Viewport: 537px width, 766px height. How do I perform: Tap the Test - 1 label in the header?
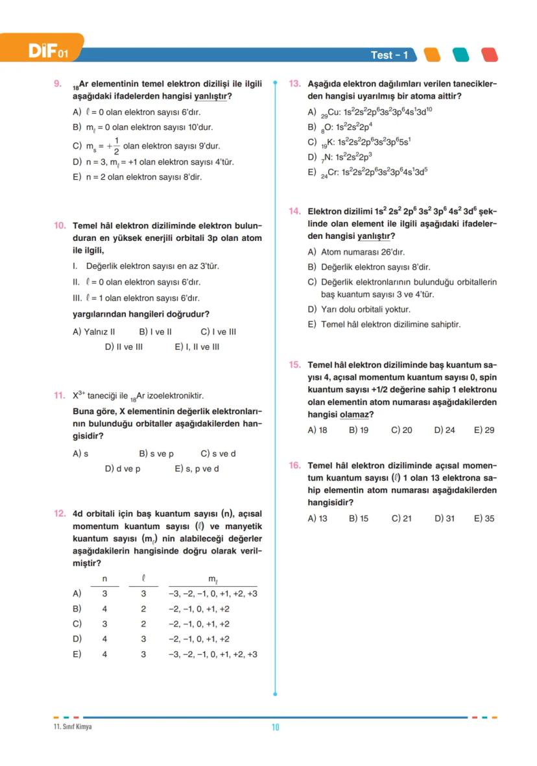click(x=389, y=55)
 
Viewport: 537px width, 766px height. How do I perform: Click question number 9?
click(x=57, y=84)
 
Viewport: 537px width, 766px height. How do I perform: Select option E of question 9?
click(x=137, y=177)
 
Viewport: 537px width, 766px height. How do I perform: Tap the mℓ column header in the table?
click(x=213, y=578)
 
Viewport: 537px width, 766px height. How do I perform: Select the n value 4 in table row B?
click(x=104, y=609)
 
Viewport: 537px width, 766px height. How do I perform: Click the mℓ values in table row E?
click(x=213, y=654)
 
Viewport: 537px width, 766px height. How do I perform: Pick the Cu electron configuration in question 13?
click(x=370, y=112)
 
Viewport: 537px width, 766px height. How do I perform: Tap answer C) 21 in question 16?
click(x=401, y=519)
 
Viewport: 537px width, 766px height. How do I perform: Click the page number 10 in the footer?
click(x=275, y=727)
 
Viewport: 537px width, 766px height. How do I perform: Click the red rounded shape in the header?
click(x=489, y=55)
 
